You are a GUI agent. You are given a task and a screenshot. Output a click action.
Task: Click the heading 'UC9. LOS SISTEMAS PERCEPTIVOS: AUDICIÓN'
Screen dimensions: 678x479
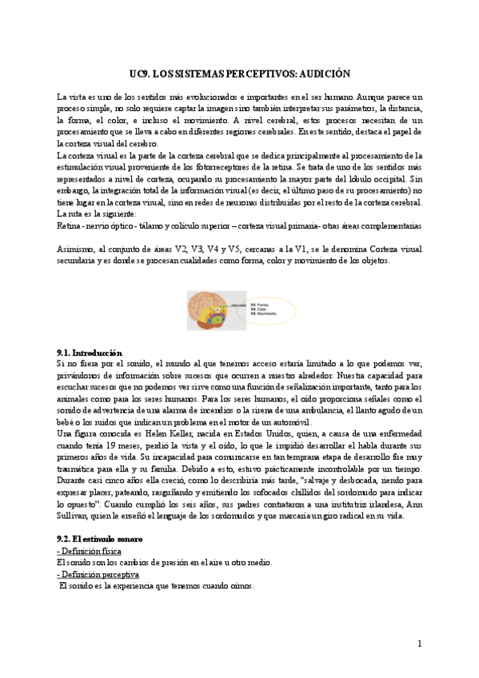tap(240, 72)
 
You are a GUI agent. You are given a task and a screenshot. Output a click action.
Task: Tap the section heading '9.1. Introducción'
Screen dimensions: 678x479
tap(84, 353)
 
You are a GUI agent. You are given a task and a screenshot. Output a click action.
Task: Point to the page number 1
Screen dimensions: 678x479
tap(419, 644)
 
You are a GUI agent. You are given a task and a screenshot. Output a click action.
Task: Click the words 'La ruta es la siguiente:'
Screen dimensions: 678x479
tap(91, 214)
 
